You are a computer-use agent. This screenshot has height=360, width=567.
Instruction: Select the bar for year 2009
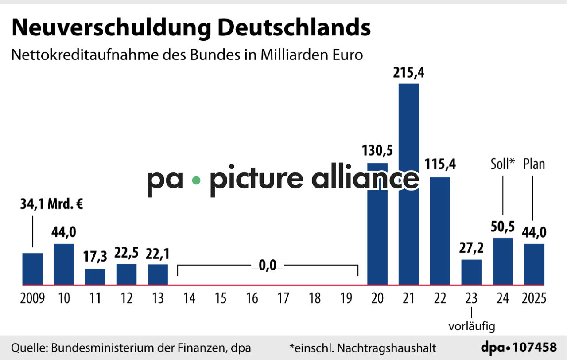click(x=32, y=269)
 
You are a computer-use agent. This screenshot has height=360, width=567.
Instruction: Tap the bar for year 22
click(x=440, y=231)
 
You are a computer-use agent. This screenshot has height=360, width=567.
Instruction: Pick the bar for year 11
click(x=95, y=277)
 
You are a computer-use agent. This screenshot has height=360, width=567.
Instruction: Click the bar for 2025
click(x=534, y=264)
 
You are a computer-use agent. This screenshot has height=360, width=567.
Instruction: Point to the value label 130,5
click(x=377, y=150)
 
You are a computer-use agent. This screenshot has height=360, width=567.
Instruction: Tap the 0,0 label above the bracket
click(x=268, y=265)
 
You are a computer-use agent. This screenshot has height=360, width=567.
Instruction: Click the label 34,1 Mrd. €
click(x=52, y=205)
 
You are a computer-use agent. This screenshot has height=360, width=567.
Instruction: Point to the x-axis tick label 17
click(x=283, y=299)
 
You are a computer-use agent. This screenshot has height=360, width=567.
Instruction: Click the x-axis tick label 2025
click(x=534, y=299)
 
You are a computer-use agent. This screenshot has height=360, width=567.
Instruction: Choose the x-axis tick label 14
click(x=189, y=299)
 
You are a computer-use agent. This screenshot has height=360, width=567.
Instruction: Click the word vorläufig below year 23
click(x=471, y=327)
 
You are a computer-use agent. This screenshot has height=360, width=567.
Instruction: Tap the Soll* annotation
click(x=503, y=164)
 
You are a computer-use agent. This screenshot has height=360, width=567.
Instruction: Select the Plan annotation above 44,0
click(x=534, y=164)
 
